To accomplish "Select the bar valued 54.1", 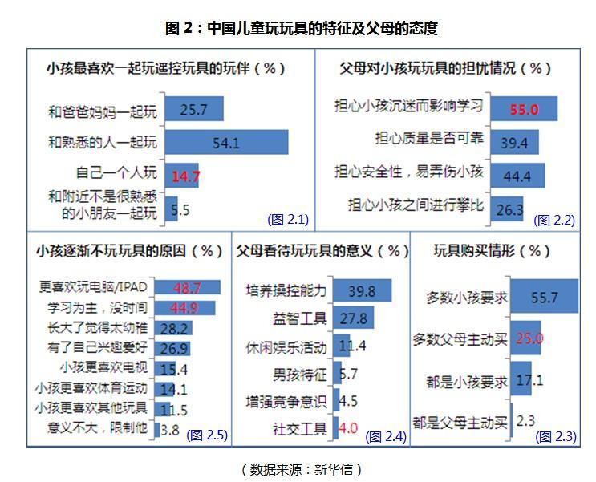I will [x=226, y=142].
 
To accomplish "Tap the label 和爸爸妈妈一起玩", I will [x=103, y=110].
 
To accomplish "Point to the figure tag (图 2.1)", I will [x=288, y=219].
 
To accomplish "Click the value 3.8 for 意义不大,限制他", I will [x=170, y=429].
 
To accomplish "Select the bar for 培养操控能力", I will [x=361, y=290].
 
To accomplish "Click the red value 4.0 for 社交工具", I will [x=347, y=429].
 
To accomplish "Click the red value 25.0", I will [x=530, y=338].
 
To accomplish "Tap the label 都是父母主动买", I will [x=459, y=420].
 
